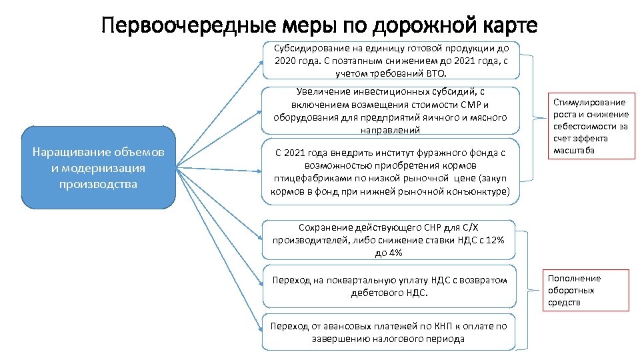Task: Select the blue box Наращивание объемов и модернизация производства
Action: [x=98, y=167]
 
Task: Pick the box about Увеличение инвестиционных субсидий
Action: [x=390, y=111]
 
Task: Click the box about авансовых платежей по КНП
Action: [x=390, y=332]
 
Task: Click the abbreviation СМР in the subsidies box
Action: [x=469, y=105]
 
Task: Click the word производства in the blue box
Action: [x=98, y=183]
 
